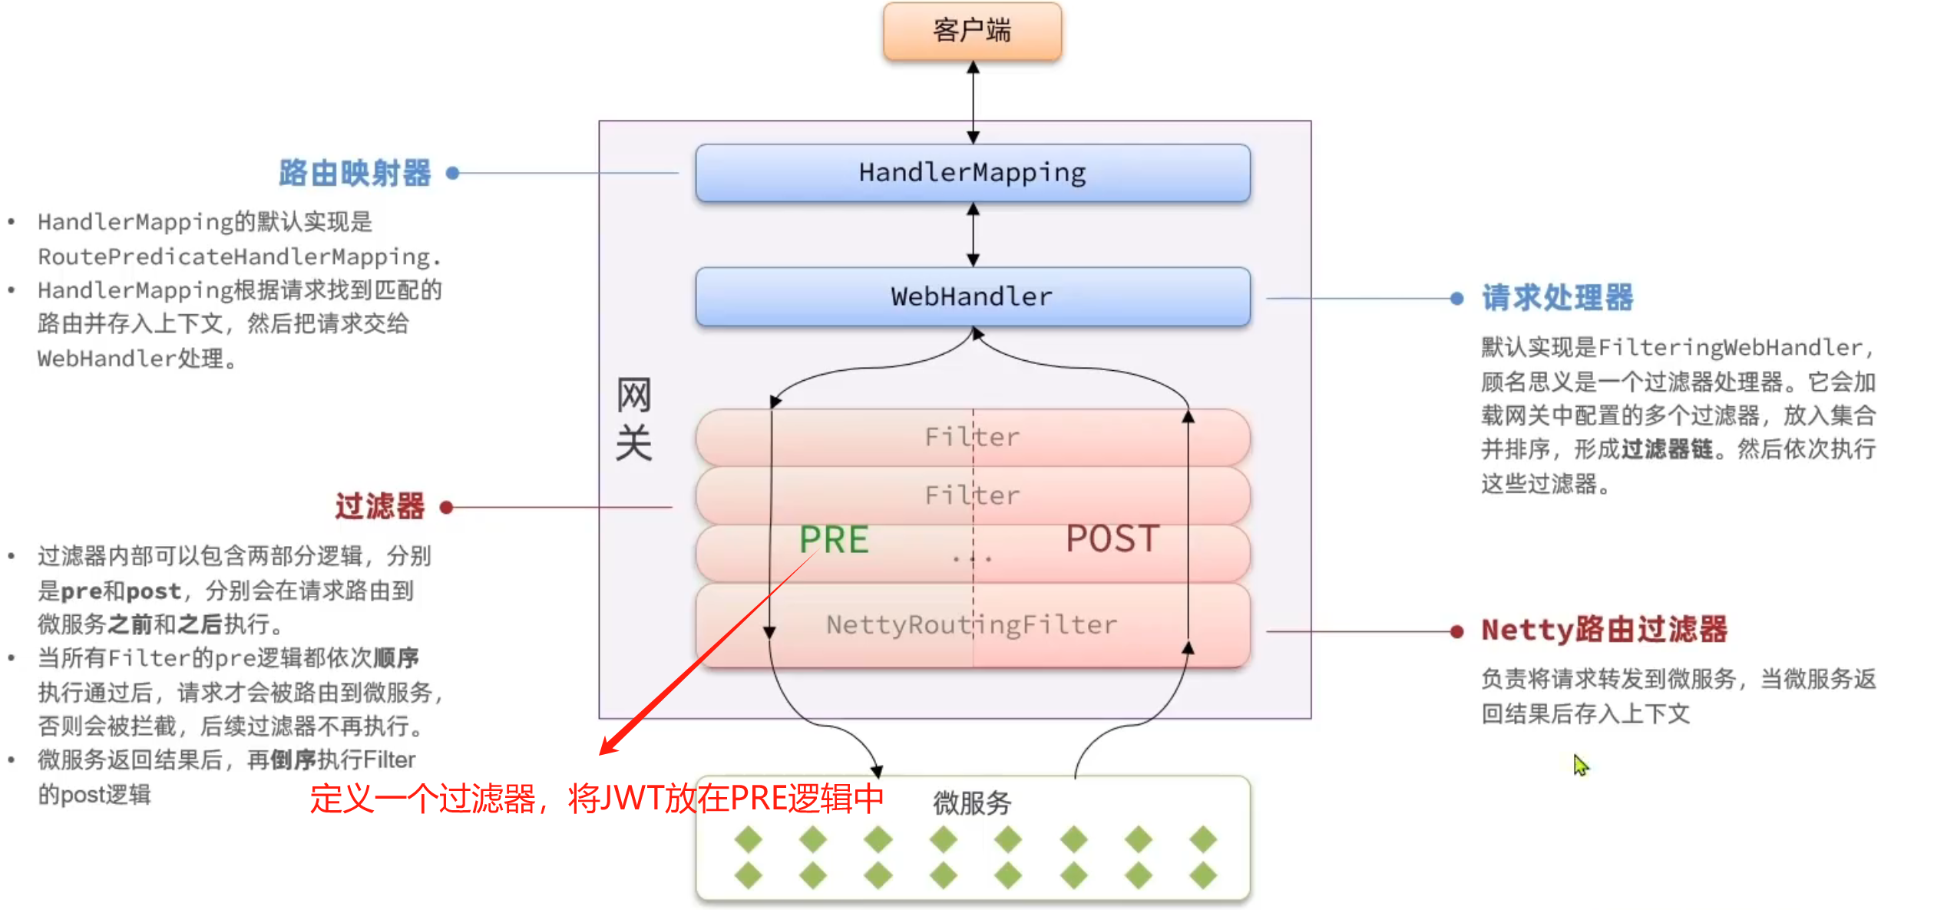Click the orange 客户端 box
coord(972,31)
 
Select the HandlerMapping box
coord(972,173)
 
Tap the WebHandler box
coord(972,296)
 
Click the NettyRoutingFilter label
coord(972,624)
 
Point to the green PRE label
coord(834,539)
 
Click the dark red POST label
coord(1112,538)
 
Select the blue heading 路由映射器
coord(355,174)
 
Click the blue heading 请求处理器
coord(1558,298)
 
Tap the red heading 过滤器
coord(380,507)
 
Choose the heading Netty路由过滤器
coord(1605,630)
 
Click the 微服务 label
coord(972,803)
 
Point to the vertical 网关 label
coord(633,419)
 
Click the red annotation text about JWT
coord(597,799)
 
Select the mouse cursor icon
coord(1580,765)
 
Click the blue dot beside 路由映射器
coord(452,174)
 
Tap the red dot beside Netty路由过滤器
coord(1456,631)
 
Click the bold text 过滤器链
coord(1667,449)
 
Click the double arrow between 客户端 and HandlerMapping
coord(973,102)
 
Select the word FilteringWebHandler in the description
coord(1730,348)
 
